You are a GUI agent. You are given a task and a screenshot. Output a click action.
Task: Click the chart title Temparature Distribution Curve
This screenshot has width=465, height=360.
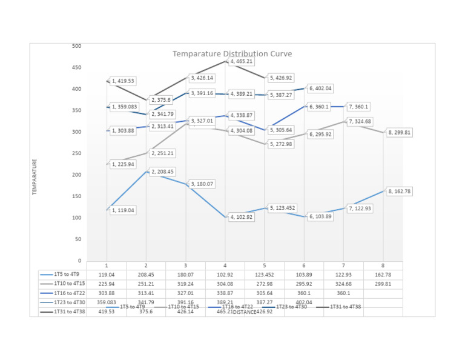(232, 54)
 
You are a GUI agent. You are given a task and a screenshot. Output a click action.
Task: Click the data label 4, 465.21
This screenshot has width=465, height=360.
(241, 62)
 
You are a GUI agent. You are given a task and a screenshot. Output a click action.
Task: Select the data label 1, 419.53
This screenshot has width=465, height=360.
(123, 81)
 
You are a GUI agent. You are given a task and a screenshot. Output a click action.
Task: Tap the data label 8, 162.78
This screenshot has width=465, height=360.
(399, 192)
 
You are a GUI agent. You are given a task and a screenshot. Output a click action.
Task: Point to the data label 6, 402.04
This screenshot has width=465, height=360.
(320, 88)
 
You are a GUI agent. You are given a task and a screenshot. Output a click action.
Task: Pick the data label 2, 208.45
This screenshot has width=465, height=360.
(162, 172)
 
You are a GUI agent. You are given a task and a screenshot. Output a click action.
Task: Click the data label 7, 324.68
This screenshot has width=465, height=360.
(360, 122)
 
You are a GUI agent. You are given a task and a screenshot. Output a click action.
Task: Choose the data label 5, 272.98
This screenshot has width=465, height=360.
(281, 145)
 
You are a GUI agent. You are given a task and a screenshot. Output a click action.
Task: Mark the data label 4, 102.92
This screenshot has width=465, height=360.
(241, 217)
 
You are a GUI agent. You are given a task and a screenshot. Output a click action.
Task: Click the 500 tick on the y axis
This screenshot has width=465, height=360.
(76, 46)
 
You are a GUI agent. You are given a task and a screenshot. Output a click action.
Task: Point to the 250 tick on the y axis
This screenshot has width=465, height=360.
(76, 153)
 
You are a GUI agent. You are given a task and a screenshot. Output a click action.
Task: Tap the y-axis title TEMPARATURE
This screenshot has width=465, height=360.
(35, 176)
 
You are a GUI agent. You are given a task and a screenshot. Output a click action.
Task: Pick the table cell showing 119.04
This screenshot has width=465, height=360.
(107, 275)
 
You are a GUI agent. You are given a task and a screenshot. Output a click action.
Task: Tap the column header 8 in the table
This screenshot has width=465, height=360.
(383, 265)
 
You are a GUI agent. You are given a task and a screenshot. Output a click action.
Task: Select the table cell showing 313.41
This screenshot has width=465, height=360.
(146, 293)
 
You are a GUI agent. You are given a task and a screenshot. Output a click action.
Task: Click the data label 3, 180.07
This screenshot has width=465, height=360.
(202, 184)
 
